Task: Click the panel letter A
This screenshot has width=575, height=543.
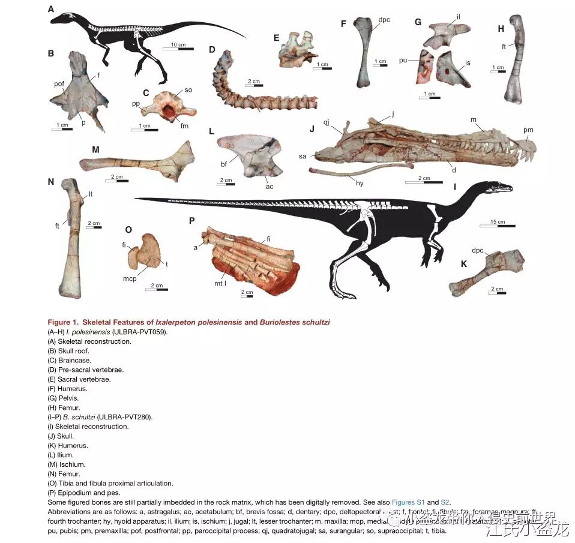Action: pos(51,8)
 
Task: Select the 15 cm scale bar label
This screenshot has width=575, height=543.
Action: pos(497,222)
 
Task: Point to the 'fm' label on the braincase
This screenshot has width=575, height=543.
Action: pos(184,126)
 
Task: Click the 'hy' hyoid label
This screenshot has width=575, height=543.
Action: pos(360,182)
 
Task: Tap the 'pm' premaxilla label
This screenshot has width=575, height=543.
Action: pos(528,130)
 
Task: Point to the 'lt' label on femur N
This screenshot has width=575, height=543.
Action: pos(91,194)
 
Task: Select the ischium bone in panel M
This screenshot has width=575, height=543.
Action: pos(138,161)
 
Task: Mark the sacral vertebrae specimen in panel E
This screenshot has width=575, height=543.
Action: pos(297,49)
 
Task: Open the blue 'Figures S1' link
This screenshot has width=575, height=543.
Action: pos(408,502)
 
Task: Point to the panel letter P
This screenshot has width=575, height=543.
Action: pos(191,221)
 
